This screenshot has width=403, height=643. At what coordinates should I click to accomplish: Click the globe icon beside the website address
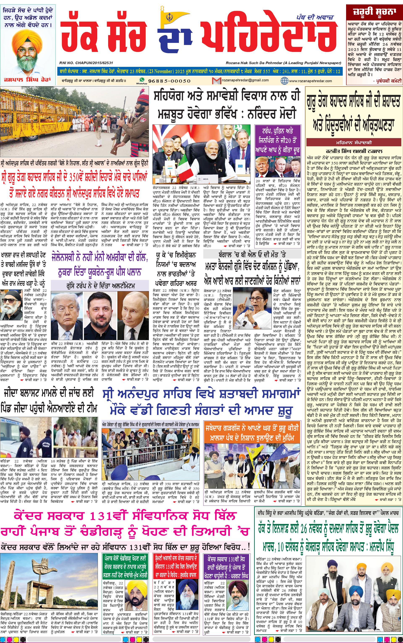pyautogui.click(x=284, y=81)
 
